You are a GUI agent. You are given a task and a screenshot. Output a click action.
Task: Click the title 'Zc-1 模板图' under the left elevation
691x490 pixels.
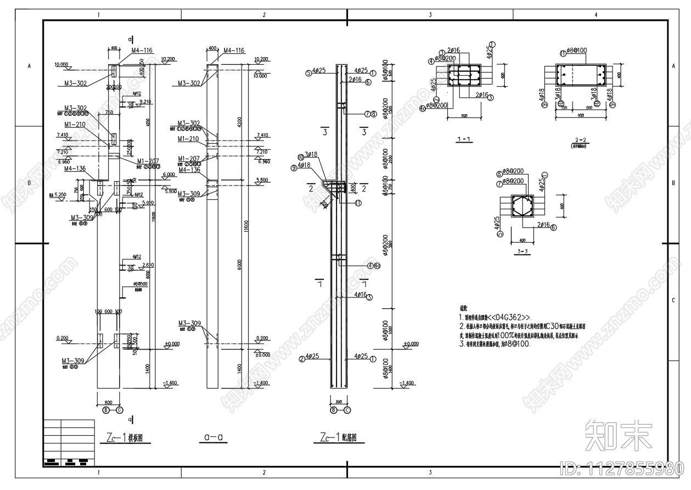point(125,437)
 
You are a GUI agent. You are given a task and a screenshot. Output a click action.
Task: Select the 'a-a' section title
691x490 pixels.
point(212,437)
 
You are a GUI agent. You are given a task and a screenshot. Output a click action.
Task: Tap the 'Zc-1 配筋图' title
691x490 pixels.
point(338,437)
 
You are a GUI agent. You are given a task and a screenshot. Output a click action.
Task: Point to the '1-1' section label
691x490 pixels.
point(464,139)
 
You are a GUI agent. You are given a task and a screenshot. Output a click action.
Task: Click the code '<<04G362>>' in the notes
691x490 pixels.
point(509,317)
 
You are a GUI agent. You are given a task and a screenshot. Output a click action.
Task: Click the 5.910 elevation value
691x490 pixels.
point(147,203)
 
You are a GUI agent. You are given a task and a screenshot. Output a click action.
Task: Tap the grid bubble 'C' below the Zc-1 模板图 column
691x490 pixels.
point(120,410)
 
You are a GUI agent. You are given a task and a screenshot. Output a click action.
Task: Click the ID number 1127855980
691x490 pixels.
point(621,469)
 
